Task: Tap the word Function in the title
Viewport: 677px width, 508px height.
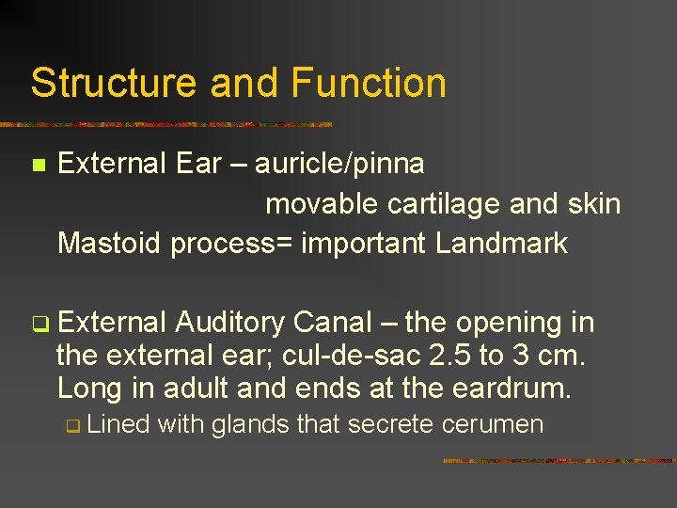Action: pos(369,83)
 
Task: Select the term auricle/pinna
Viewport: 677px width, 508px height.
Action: pos(339,164)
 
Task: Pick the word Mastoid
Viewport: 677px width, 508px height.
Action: pos(110,244)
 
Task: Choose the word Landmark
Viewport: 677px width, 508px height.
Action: pos(502,244)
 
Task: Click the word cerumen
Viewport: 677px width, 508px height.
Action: pos(493,425)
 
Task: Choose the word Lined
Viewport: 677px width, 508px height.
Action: pos(119,425)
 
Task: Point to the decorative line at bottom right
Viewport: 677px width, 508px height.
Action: pos(559,461)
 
